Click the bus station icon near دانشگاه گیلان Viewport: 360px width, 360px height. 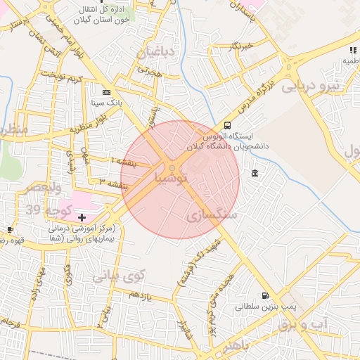[x=226, y=125]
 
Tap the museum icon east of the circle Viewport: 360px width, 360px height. [x=254, y=174]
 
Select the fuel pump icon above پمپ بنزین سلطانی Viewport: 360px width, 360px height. [x=264, y=296]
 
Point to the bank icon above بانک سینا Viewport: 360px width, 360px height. [x=106, y=92]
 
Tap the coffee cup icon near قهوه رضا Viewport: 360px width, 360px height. [x=10, y=229]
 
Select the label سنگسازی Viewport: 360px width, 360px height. [x=212, y=214]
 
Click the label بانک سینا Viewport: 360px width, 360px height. [x=107, y=102]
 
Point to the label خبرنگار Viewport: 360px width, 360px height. [x=239, y=46]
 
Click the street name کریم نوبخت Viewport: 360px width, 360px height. [x=63, y=75]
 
